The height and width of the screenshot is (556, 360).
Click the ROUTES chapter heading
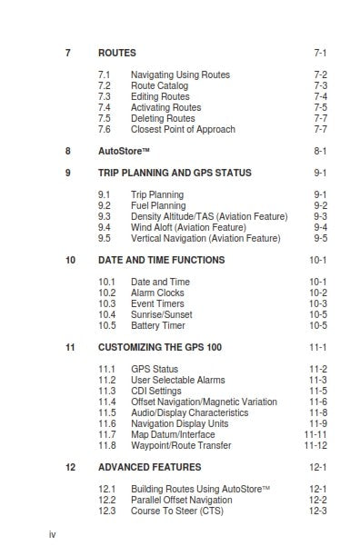click(117, 54)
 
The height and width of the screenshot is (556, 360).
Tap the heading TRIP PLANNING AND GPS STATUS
click(175, 172)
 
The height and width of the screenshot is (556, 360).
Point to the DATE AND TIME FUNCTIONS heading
click(161, 260)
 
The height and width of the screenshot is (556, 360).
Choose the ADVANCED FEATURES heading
click(149, 467)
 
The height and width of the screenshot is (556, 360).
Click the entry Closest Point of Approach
click(183, 129)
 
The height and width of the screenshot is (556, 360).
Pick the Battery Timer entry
click(158, 325)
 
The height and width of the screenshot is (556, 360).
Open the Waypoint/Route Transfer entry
click(181, 445)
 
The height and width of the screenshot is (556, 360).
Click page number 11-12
click(315, 445)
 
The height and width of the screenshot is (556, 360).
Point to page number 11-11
click(315, 434)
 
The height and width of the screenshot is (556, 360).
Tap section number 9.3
click(105, 216)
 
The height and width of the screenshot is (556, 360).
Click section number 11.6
click(106, 423)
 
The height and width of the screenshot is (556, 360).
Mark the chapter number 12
click(70, 467)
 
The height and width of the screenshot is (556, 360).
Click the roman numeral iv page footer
click(52, 534)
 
